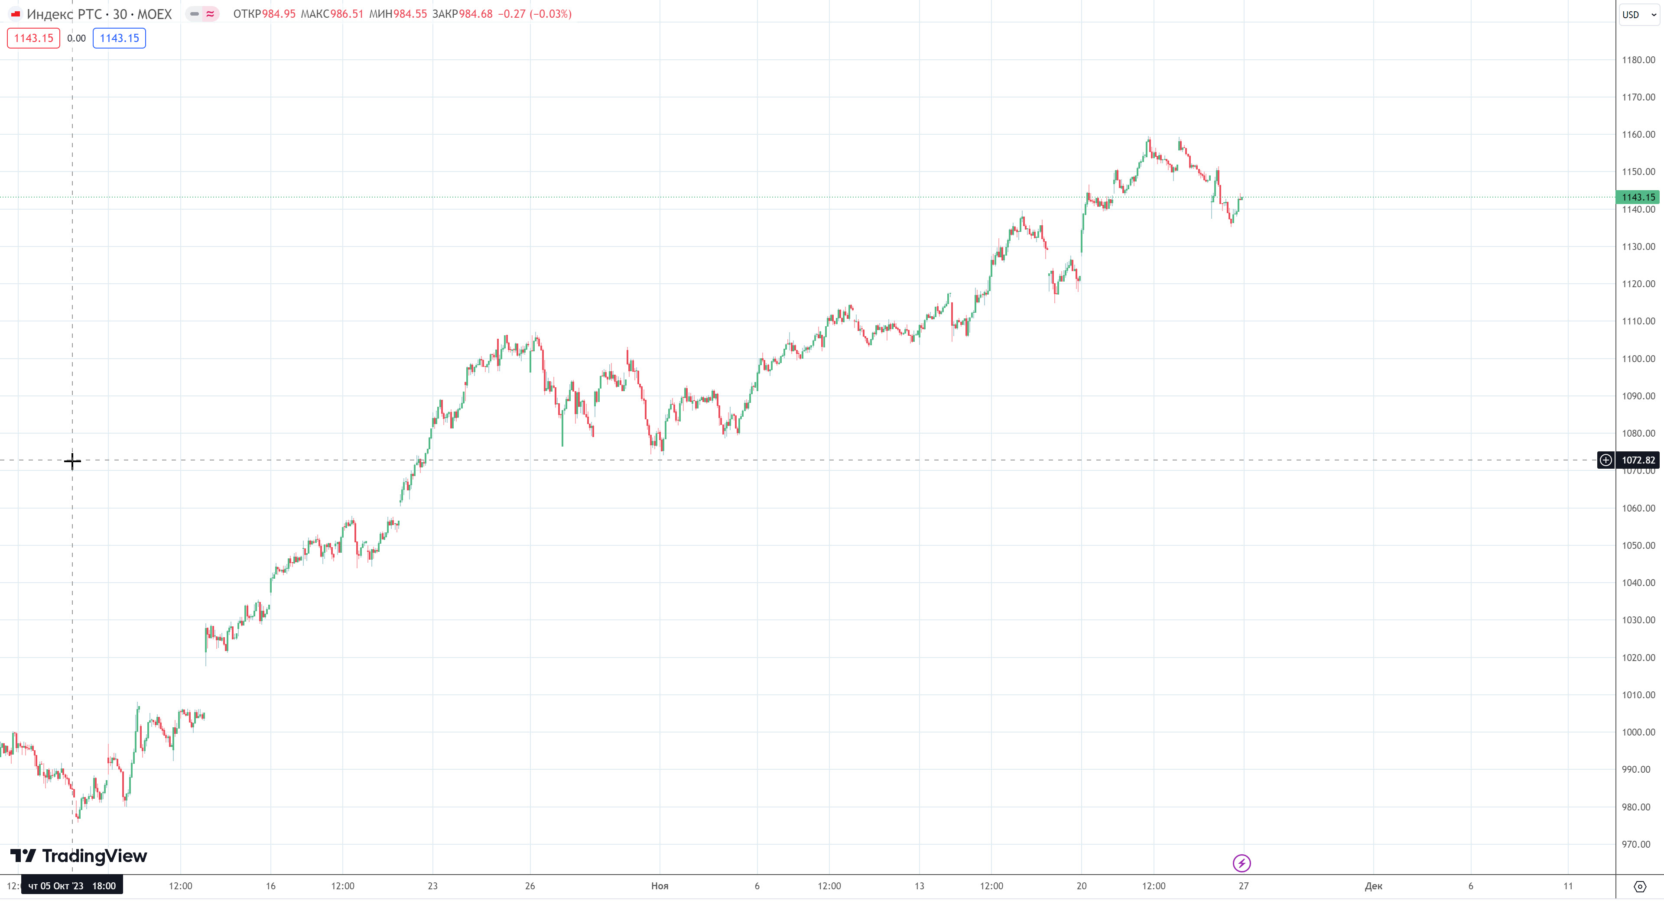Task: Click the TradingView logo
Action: point(79,856)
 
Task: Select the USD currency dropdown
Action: point(1638,14)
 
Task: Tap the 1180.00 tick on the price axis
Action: point(1638,60)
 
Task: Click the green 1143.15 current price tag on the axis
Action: point(1638,197)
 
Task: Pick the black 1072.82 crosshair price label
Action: point(1638,460)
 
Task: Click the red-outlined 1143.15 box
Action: point(34,38)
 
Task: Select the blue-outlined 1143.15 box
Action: point(120,38)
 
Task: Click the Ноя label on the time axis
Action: point(660,885)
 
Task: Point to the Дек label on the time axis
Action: point(1373,885)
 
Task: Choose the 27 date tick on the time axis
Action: point(1244,885)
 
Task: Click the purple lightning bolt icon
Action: point(1241,863)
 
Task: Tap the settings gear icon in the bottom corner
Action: point(1639,886)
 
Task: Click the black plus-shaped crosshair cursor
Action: point(72,460)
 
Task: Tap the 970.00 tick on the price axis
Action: point(1638,844)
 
